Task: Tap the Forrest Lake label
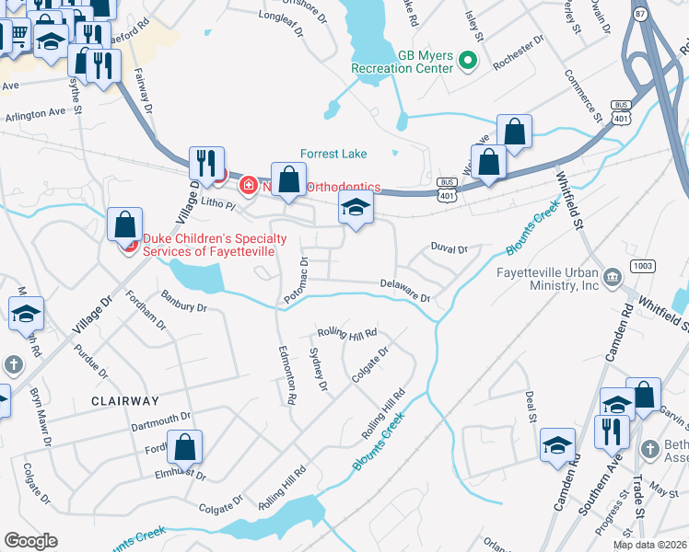pos(333,155)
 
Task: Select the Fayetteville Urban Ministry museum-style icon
pos(611,276)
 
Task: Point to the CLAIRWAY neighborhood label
pos(125,402)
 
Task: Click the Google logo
pos(30,541)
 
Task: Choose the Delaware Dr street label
pos(405,291)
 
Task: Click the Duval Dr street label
pos(450,248)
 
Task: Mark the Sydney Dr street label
pos(320,368)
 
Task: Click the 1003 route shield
pos(642,266)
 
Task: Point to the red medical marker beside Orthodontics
pos(247,186)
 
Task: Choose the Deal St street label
pos(531,406)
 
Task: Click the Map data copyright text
pos(650,545)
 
